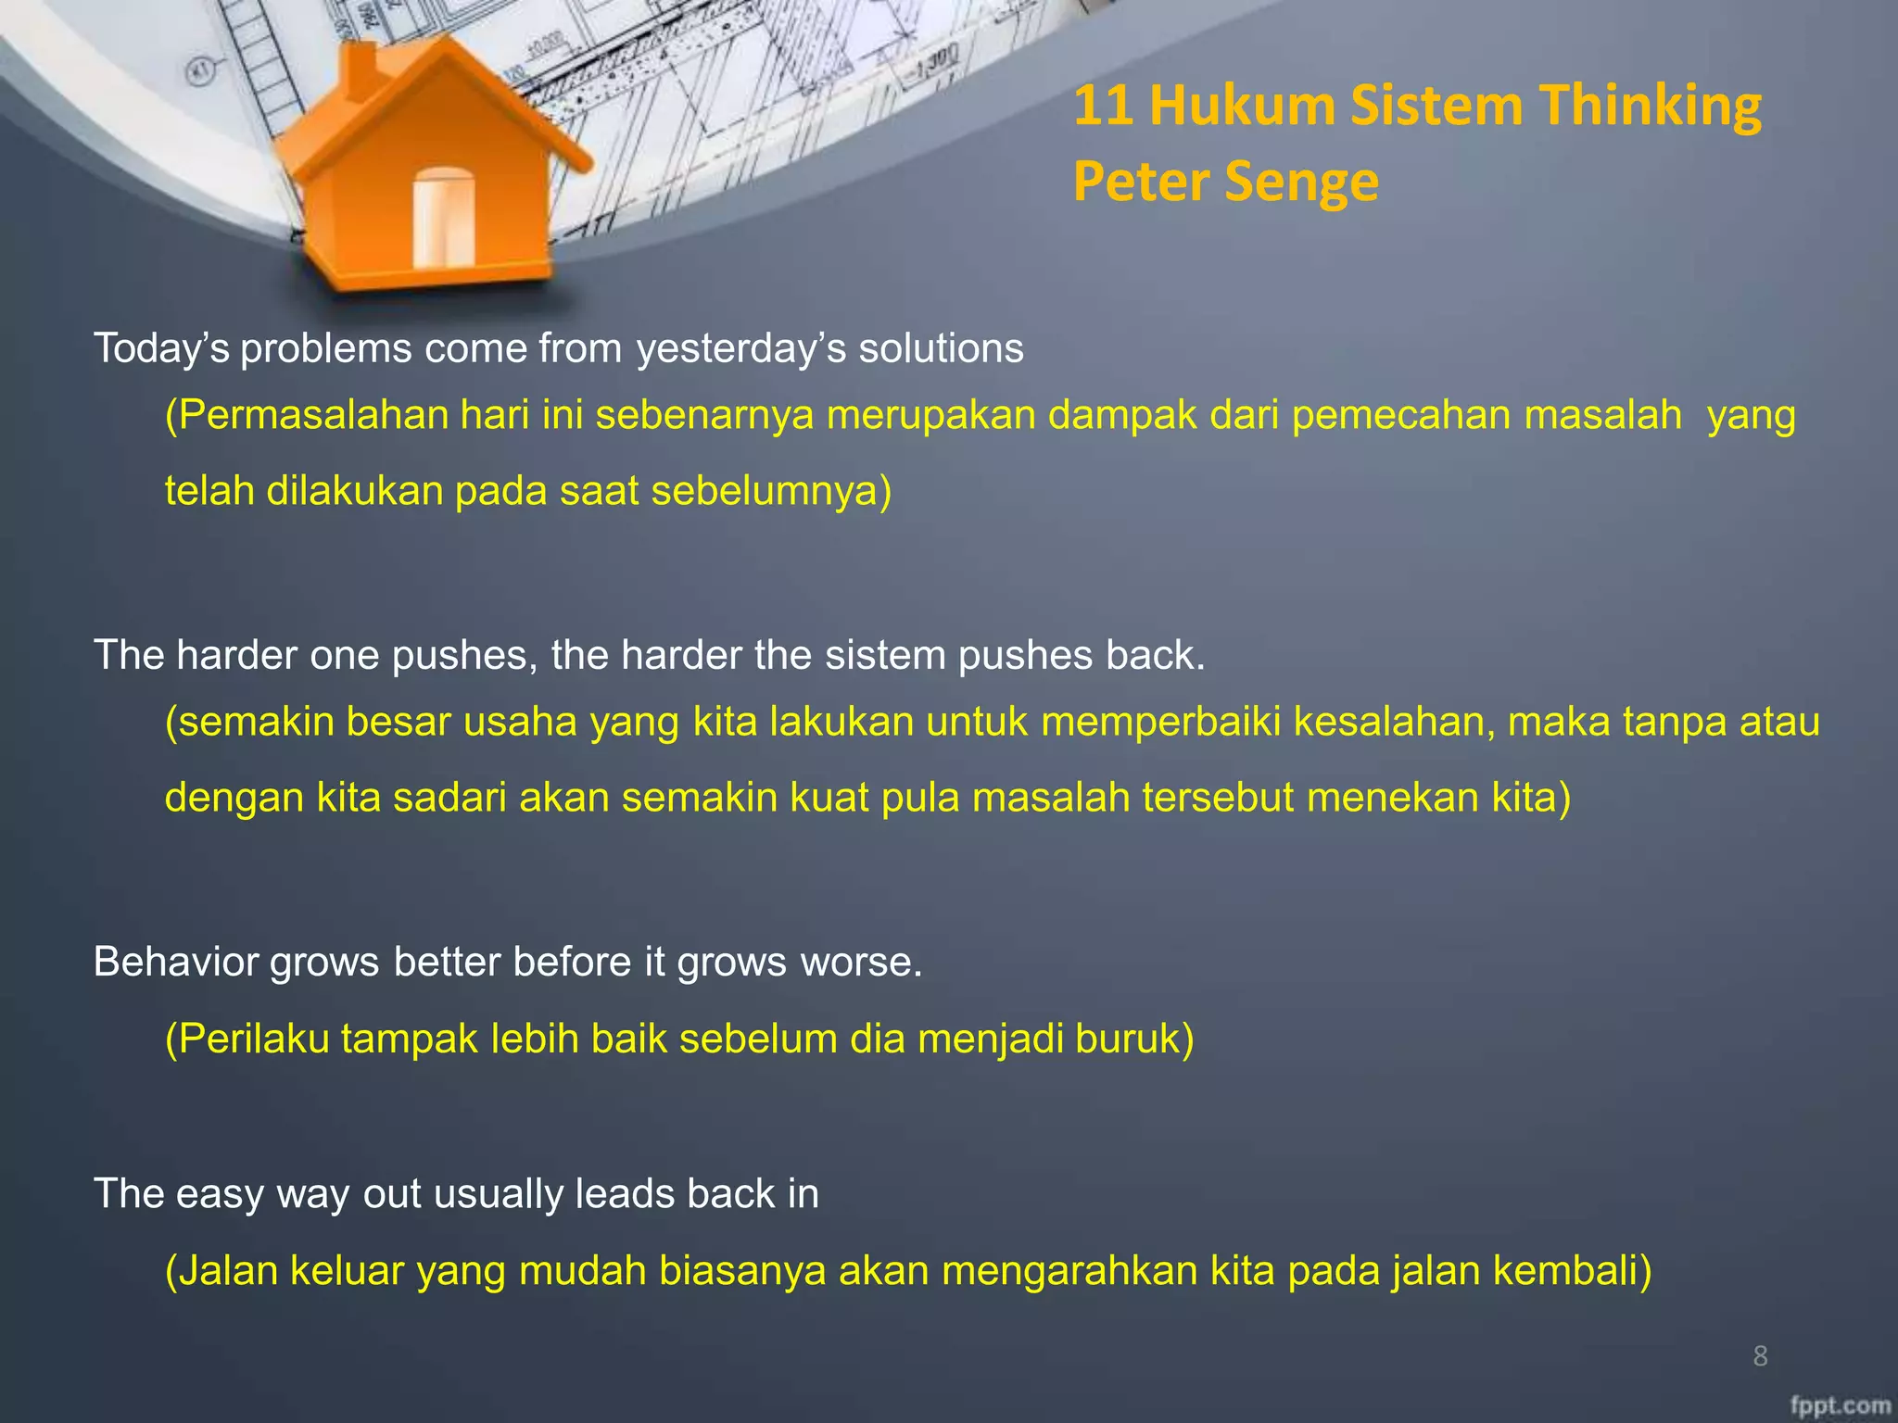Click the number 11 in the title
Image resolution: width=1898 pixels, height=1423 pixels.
coord(1104,105)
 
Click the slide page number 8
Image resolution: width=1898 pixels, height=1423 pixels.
coord(1760,1356)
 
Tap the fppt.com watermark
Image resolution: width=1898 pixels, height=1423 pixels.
coord(1839,1405)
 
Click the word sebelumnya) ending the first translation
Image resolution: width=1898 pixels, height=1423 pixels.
coord(771,491)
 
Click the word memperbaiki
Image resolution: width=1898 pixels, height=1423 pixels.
coord(1160,722)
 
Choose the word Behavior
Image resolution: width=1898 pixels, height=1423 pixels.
coord(175,963)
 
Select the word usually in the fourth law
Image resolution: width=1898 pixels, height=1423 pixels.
coord(498,1195)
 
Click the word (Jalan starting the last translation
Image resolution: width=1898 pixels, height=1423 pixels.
coord(221,1271)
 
